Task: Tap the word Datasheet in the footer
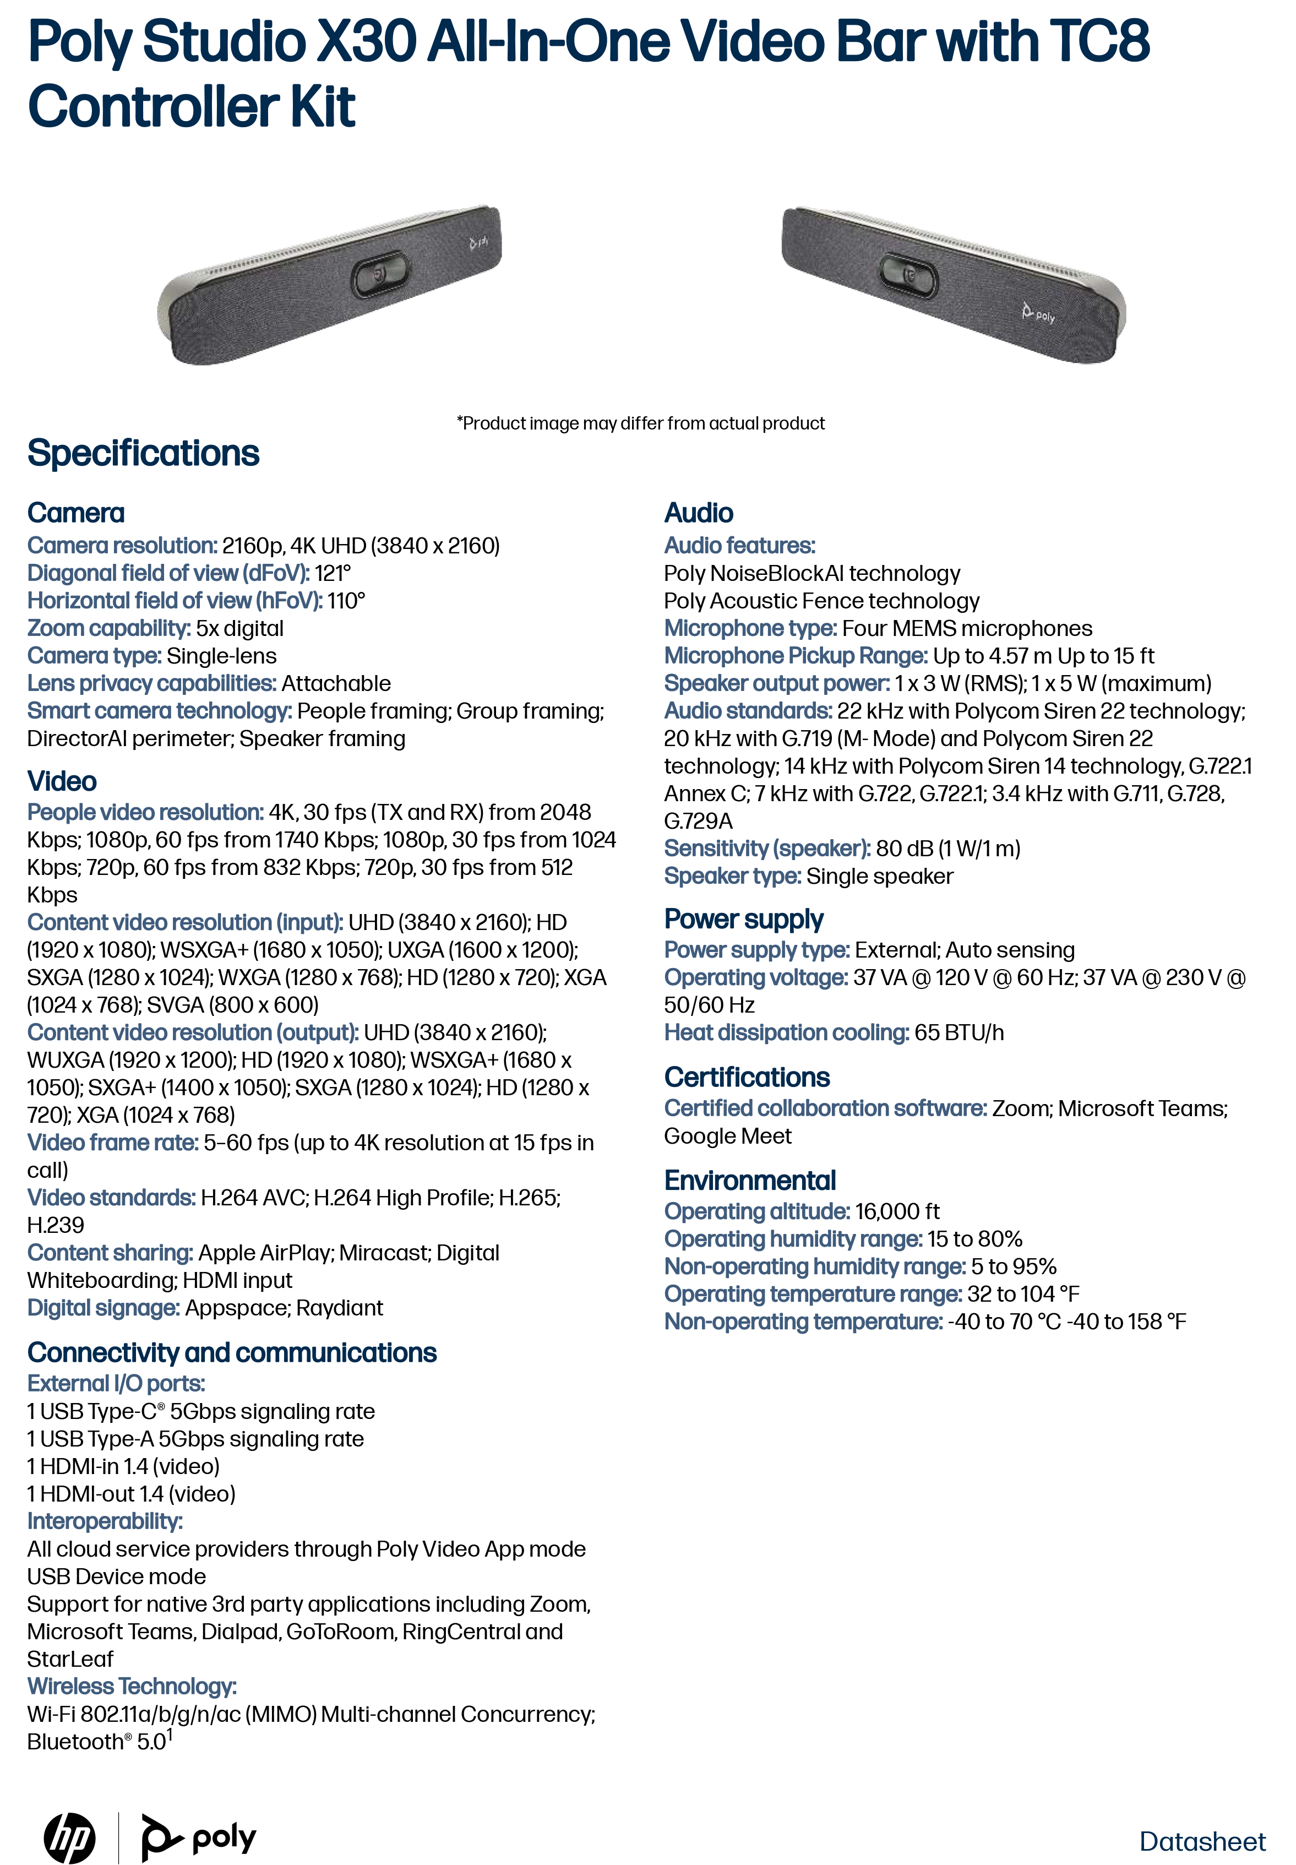(x=1202, y=1841)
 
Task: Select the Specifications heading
(x=143, y=453)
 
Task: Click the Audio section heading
(x=698, y=513)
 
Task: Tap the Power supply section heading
(x=743, y=919)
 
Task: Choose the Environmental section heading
(x=749, y=1179)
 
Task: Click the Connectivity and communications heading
(x=231, y=1353)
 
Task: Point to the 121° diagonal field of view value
(x=333, y=573)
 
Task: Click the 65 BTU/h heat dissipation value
(x=959, y=1033)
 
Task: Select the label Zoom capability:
(x=109, y=628)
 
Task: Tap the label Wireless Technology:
(x=132, y=1687)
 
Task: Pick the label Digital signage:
(x=103, y=1308)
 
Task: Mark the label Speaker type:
(x=732, y=876)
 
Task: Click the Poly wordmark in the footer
(x=224, y=1837)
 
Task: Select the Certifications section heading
(x=746, y=1078)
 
